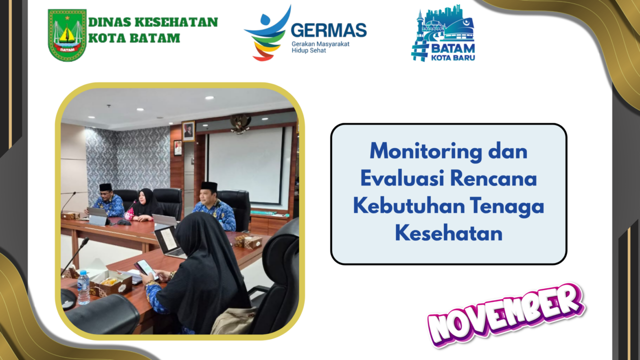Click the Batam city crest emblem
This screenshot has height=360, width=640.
67,35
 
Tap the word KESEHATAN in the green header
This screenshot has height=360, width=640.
176,22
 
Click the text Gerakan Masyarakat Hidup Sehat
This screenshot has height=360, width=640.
320,47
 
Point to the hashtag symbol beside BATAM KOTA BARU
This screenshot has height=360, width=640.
420,51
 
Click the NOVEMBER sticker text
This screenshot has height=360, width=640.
505,314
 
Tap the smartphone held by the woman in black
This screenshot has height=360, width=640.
146,269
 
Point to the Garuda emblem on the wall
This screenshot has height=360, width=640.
240,123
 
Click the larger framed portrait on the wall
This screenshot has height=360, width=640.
188,131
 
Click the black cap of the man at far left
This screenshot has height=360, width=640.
105,187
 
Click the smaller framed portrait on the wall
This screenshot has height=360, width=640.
177,147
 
